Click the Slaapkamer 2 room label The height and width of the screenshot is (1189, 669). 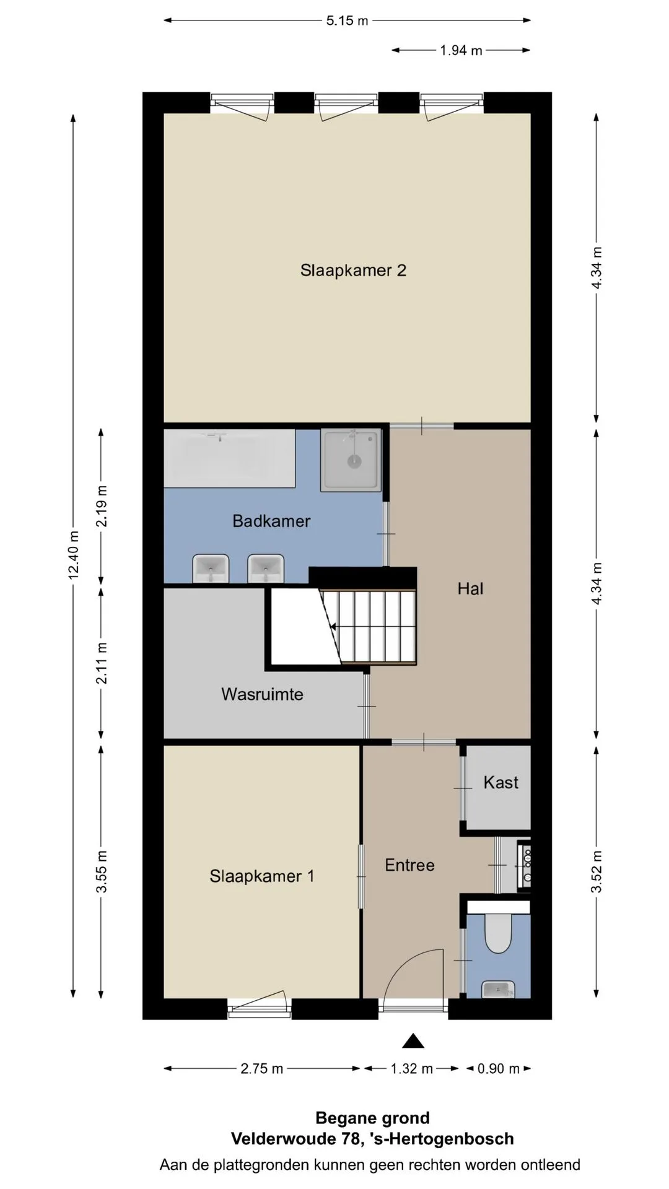pos(353,271)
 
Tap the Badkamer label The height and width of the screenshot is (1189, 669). pos(271,521)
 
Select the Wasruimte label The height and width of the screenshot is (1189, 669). pos(262,694)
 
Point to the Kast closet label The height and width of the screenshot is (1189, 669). pos(501,782)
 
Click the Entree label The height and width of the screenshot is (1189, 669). pos(409,865)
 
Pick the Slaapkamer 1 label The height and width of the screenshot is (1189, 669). pos(262,876)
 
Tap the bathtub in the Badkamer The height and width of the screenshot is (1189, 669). pos(229,458)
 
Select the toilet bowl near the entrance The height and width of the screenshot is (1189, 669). pos(498,933)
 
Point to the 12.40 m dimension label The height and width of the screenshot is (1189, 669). pos(74,555)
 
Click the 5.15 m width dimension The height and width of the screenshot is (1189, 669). pos(347,20)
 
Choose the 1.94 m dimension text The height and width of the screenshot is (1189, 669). pos(461,51)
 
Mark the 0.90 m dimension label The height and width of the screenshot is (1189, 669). pos(499,1069)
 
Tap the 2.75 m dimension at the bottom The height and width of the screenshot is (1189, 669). pos(262,1069)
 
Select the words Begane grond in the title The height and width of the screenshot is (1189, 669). pos(372,1118)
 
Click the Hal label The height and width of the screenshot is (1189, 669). pos(470,588)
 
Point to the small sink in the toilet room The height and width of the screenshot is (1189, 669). pos(498,990)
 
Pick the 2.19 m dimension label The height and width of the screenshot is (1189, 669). pos(102,506)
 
